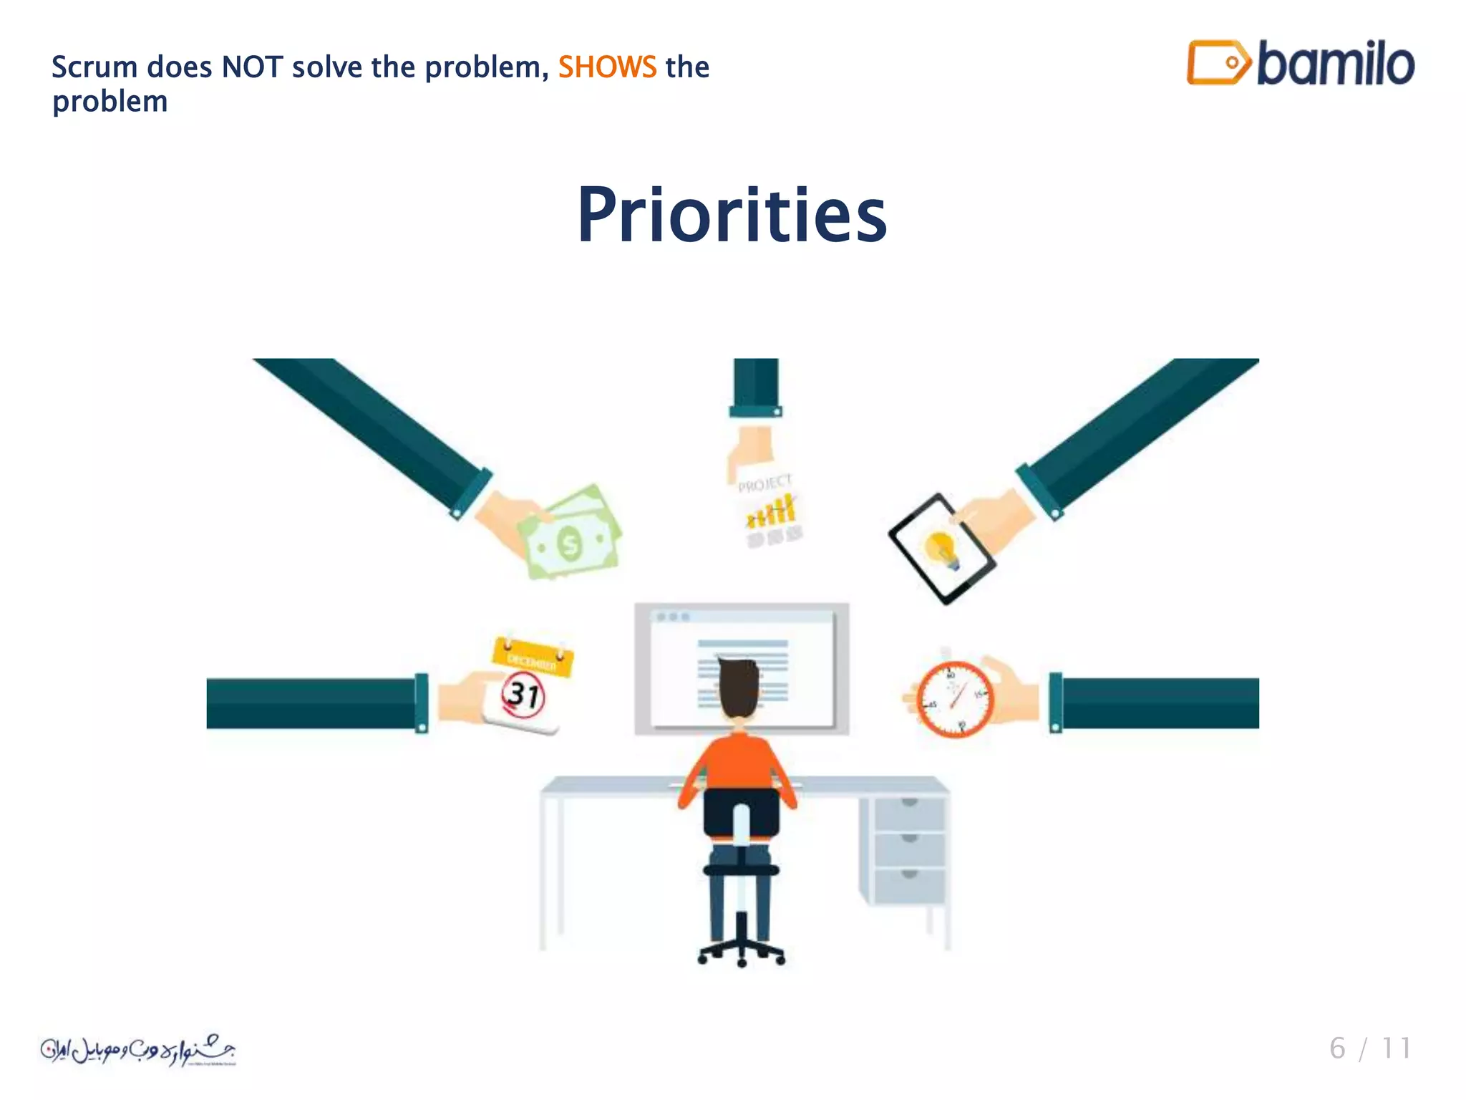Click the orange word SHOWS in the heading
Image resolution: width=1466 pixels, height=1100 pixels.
pyautogui.click(x=607, y=67)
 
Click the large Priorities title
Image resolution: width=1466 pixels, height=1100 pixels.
pyautogui.click(x=732, y=215)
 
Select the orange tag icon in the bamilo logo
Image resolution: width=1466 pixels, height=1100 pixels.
pyautogui.click(x=1218, y=63)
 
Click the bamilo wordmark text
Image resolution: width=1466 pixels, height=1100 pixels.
pyautogui.click(x=1335, y=64)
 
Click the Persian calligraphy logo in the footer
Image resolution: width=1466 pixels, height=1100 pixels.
pyautogui.click(x=137, y=1050)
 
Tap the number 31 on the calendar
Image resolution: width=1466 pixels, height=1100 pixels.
pyautogui.click(x=524, y=695)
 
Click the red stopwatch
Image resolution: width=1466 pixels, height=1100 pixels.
pyautogui.click(x=955, y=699)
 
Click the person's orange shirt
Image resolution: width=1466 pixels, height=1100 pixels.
pyautogui.click(x=739, y=762)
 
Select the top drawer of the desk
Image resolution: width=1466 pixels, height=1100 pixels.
pyautogui.click(x=909, y=813)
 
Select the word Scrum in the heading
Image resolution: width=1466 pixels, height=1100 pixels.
pyautogui.click(x=94, y=67)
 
